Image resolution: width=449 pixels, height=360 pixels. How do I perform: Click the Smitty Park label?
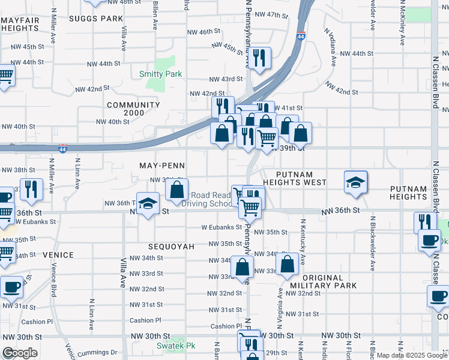[x=160, y=74]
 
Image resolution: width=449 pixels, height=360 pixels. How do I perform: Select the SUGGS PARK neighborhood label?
[x=95, y=19]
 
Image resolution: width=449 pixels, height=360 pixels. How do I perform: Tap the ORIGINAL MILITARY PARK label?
[x=323, y=281]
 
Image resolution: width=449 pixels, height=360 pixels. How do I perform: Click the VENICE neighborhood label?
[x=58, y=255]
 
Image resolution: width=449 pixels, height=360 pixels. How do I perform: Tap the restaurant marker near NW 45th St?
[x=259, y=58]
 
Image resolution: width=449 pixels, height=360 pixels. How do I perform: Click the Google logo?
[x=20, y=353]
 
